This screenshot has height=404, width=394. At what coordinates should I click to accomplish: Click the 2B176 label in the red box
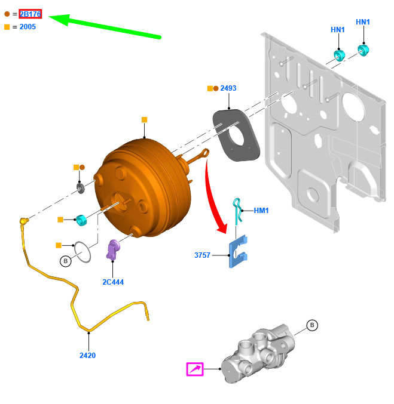[x=30, y=14]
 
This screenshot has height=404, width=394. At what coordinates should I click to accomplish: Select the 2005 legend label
[x=27, y=27]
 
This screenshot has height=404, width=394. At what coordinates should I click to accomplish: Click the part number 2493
[x=228, y=88]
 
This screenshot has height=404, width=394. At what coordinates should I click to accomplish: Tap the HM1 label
[x=261, y=211]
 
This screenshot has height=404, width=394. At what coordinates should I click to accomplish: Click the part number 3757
[x=202, y=255]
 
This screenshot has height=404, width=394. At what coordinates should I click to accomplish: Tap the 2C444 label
[x=113, y=282]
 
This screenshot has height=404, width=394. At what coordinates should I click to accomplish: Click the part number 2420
[x=87, y=356]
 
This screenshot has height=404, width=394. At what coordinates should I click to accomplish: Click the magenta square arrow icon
[x=195, y=369]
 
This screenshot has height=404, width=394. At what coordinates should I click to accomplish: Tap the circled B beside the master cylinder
[x=311, y=325]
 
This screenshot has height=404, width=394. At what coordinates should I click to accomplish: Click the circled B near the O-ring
[x=65, y=261]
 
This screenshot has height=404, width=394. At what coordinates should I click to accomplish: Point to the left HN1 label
[x=338, y=30]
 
